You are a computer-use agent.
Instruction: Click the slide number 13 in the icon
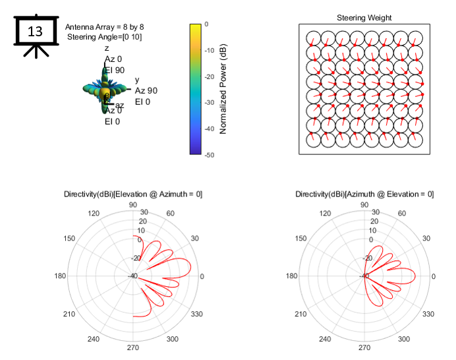click(x=35, y=31)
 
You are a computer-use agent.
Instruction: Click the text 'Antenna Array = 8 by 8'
click(x=104, y=26)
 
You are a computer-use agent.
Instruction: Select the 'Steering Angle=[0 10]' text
click(x=104, y=37)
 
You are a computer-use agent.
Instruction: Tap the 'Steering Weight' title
click(x=364, y=18)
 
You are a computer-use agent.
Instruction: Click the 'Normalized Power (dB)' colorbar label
click(x=223, y=89)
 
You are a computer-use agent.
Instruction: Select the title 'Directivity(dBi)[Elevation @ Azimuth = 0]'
click(x=133, y=194)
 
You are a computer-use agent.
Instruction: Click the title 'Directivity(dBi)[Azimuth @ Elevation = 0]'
click(x=364, y=194)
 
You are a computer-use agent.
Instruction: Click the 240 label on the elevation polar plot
click(x=93, y=339)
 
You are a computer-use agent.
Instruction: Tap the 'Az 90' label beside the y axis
click(x=146, y=90)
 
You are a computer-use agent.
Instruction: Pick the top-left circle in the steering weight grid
click(x=312, y=38)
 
